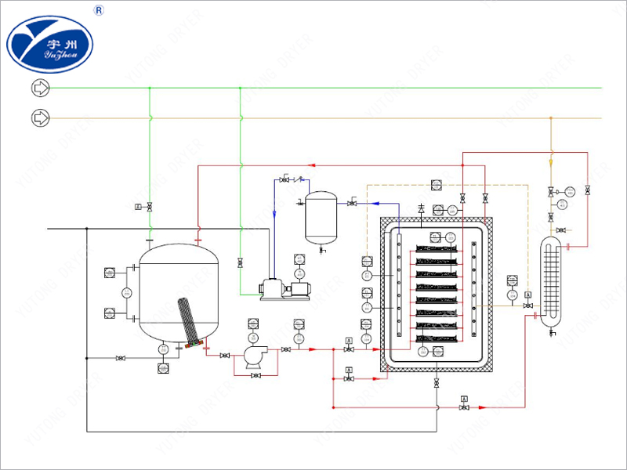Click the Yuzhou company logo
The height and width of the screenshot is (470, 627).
point(50,43)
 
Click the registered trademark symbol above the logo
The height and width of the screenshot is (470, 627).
point(100,10)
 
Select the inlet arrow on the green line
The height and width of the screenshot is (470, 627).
point(39,88)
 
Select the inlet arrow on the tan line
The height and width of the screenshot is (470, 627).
point(39,118)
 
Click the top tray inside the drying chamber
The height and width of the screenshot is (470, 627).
point(436,249)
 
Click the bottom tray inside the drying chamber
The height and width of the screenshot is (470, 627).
point(436,338)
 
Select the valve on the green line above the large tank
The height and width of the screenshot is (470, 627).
point(150,207)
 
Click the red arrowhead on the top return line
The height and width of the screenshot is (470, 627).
point(312,165)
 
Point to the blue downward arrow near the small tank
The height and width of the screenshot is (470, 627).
point(274,211)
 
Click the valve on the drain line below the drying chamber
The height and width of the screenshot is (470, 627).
point(437,384)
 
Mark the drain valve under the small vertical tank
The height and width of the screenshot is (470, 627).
point(322,248)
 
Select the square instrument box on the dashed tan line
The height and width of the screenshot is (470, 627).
point(437,186)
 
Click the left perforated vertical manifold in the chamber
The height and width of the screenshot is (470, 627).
point(399,286)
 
